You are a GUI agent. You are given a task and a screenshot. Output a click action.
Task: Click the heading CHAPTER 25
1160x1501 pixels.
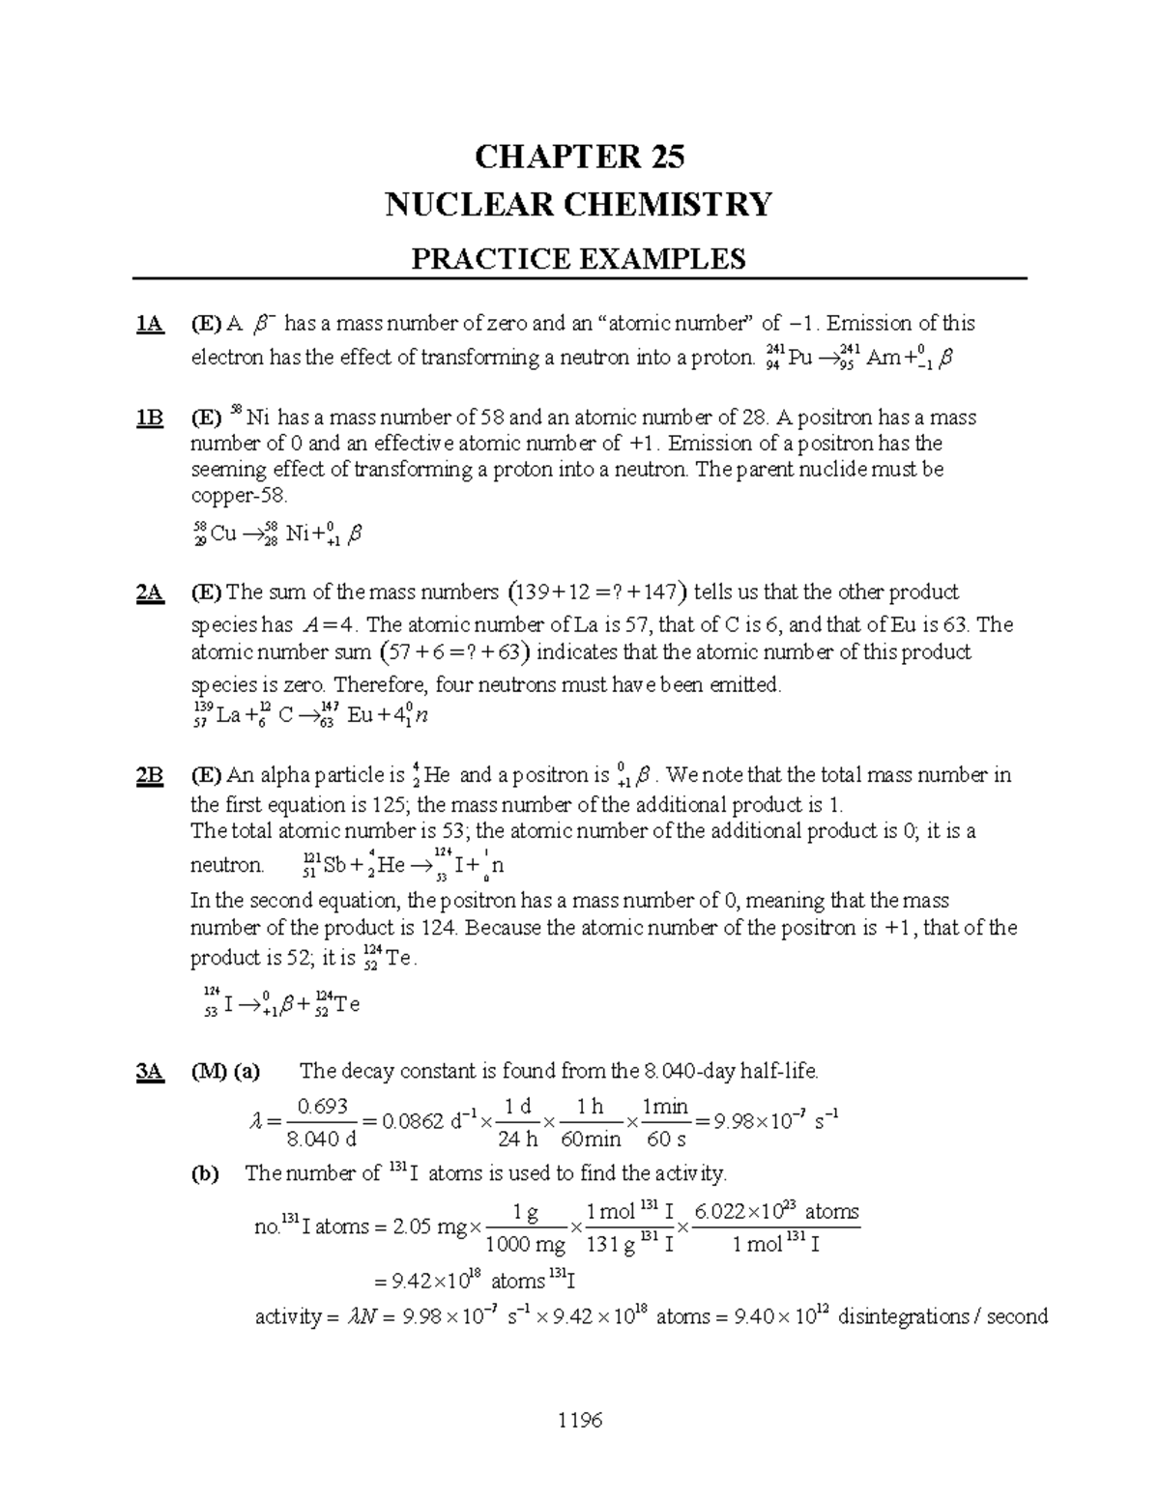579,157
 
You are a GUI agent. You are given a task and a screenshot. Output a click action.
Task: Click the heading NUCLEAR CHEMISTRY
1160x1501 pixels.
579,205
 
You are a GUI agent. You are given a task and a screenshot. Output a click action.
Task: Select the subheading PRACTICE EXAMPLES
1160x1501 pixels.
579,258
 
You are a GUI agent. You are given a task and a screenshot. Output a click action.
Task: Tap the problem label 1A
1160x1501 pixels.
149,324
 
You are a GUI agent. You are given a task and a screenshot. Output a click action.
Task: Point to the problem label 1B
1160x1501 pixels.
149,418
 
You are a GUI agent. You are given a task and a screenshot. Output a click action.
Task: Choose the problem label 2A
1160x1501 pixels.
149,592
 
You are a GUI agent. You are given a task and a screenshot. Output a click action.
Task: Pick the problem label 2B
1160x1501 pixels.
149,775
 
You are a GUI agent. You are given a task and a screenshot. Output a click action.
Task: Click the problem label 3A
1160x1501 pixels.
149,1071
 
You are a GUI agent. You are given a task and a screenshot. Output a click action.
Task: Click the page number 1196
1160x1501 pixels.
579,1420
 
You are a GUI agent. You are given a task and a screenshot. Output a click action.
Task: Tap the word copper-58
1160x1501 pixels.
239,496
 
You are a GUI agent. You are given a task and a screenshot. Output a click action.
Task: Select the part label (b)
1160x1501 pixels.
205,1173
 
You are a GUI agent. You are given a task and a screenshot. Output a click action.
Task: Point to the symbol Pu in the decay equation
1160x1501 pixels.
799,359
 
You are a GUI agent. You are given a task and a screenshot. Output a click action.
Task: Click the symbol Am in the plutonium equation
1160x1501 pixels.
884,359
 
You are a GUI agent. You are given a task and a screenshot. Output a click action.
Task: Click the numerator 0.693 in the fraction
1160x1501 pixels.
323,1107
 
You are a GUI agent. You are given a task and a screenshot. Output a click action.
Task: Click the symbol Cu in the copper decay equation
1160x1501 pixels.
223,534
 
